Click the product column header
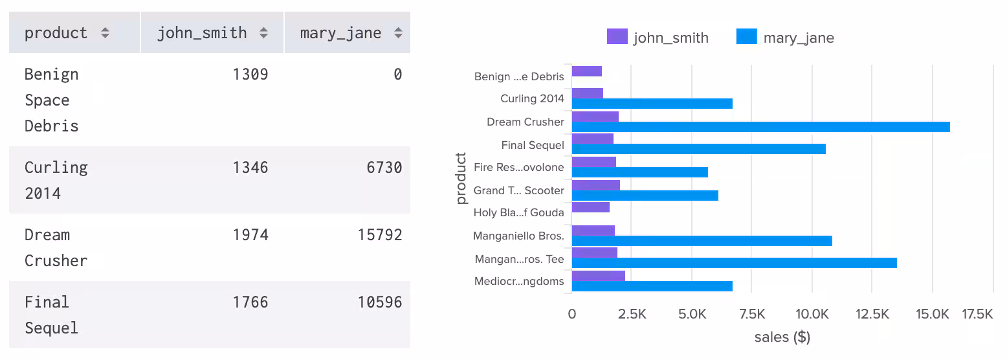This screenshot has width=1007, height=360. pyautogui.click(x=56, y=33)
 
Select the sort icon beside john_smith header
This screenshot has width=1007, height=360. pyautogui.click(x=263, y=33)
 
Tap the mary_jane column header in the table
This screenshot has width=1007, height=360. pyautogui.click(x=340, y=33)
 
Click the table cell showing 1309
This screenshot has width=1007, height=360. pyautogui.click(x=250, y=74)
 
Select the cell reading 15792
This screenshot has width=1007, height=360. pyautogui.click(x=380, y=235)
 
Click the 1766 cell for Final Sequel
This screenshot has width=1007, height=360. pyautogui.click(x=250, y=302)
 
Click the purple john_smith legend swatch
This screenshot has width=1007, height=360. pyautogui.click(x=617, y=37)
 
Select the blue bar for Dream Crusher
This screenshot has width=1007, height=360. pyautogui.click(x=760, y=127)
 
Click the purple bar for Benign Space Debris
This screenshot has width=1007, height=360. pyautogui.click(x=587, y=71)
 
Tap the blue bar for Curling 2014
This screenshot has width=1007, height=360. pyautogui.click(x=652, y=104)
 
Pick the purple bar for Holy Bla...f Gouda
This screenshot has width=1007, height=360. pyautogui.click(x=591, y=207)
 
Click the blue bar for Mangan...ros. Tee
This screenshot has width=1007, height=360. pyautogui.click(x=734, y=263)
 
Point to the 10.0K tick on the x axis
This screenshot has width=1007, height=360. pyautogui.click(x=812, y=315)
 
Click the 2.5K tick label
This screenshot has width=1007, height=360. pyautogui.click(x=632, y=315)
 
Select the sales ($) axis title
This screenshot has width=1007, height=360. pyautogui.click(x=782, y=337)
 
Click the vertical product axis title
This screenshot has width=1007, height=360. pyautogui.click(x=461, y=178)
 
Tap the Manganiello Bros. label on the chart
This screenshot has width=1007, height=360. pyautogui.click(x=518, y=236)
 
